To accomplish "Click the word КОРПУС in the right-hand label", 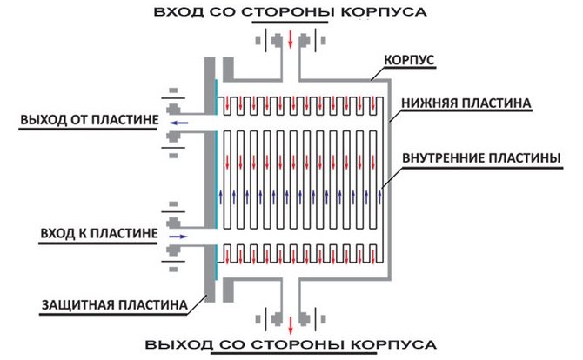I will [409, 61].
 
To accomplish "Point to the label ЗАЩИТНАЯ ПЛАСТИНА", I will [113, 304].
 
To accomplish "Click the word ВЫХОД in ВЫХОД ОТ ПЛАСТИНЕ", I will [41, 120].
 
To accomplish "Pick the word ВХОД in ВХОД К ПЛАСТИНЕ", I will [58, 234].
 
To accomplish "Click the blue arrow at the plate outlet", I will [179, 123].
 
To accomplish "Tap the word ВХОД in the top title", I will [173, 14].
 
